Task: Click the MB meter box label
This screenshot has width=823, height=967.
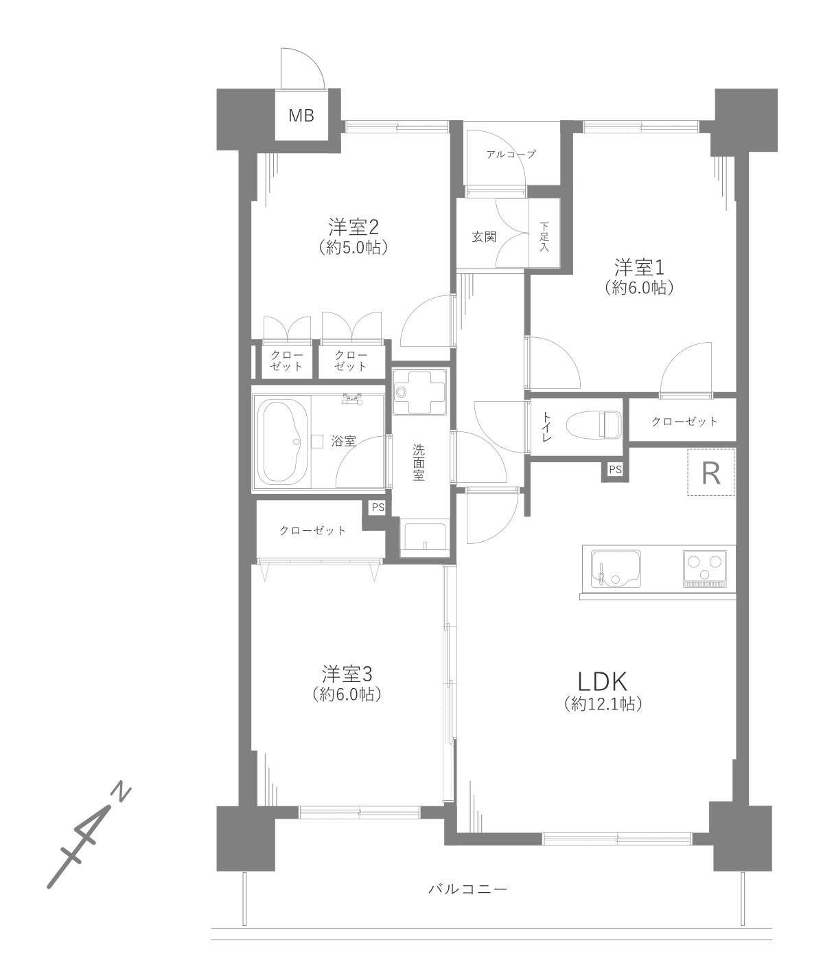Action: coord(301,115)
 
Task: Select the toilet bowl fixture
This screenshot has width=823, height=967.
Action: coord(594,425)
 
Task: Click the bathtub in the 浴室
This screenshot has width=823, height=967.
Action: coord(281,442)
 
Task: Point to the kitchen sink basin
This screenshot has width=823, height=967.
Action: coord(616,569)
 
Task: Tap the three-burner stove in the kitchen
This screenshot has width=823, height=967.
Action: coord(705,569)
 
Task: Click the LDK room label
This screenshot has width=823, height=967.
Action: coord(602,681)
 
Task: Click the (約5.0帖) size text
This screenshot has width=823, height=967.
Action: coord(353,247)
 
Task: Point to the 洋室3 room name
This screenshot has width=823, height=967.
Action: coord(347,674)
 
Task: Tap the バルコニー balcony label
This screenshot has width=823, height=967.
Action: coord(467,889)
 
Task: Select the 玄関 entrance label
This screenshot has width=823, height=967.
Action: coord(483,237)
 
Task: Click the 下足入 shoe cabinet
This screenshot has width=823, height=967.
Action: coord(544,234)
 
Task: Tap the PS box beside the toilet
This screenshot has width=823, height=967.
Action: coord(615,469)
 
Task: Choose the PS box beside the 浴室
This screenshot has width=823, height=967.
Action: coord(378,508)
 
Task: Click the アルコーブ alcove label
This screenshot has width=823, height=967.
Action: coord(511,154)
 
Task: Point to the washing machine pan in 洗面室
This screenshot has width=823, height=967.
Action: coord(419,391)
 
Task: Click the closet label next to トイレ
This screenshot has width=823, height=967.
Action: coord(684,422)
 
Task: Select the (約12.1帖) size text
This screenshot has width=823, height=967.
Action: coord(603,703)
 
